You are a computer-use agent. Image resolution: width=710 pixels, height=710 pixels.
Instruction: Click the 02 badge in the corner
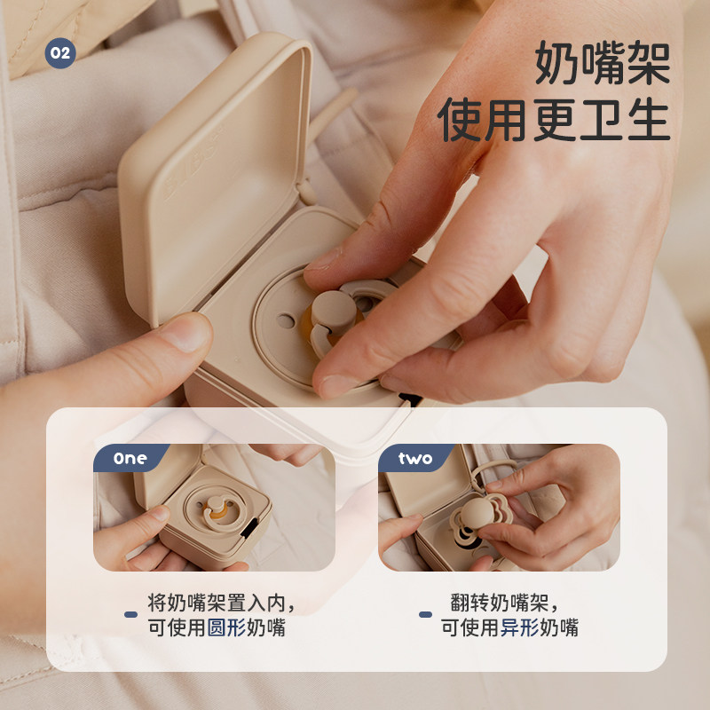click(x=59, y=53)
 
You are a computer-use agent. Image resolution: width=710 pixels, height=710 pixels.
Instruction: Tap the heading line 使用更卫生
click(x=554, y=120)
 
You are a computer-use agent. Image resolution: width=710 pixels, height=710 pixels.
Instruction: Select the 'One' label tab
click(x=130, y=459)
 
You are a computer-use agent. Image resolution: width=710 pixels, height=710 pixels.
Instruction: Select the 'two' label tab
click(x=414, y=459)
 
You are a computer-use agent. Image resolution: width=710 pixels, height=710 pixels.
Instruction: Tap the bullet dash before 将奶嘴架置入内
click(x=130, y=614)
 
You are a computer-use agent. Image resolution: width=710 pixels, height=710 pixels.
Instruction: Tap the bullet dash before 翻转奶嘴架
click(x=425, y=614)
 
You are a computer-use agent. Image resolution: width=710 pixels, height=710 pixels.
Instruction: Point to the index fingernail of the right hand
click(x=335, y=385)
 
